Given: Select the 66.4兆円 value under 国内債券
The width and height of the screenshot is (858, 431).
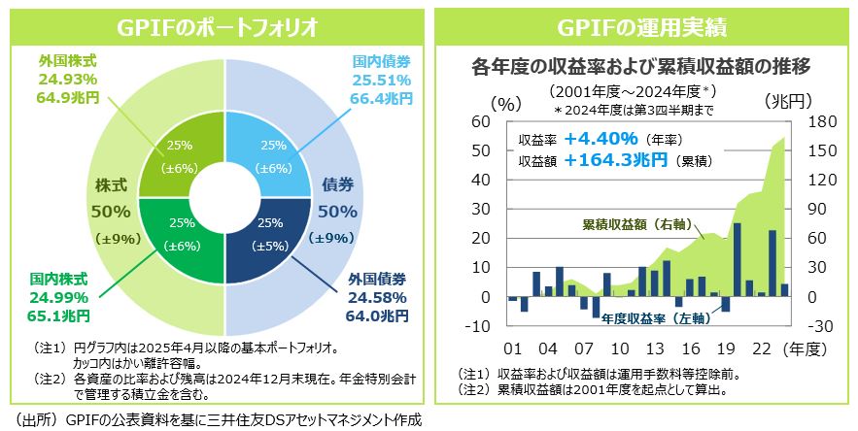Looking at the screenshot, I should (382, 98).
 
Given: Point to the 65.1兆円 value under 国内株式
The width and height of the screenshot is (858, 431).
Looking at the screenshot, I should (59, 315).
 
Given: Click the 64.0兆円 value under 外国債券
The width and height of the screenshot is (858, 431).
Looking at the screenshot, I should (377, 315).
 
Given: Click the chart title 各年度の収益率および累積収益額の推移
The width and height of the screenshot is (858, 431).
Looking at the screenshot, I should (640, 67).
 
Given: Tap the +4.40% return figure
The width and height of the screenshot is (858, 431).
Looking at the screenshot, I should (600, 137).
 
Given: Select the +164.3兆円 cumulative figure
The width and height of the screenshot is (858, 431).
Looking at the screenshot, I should (616, 158).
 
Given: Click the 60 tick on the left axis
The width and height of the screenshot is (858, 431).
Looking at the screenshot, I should (479, 121).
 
